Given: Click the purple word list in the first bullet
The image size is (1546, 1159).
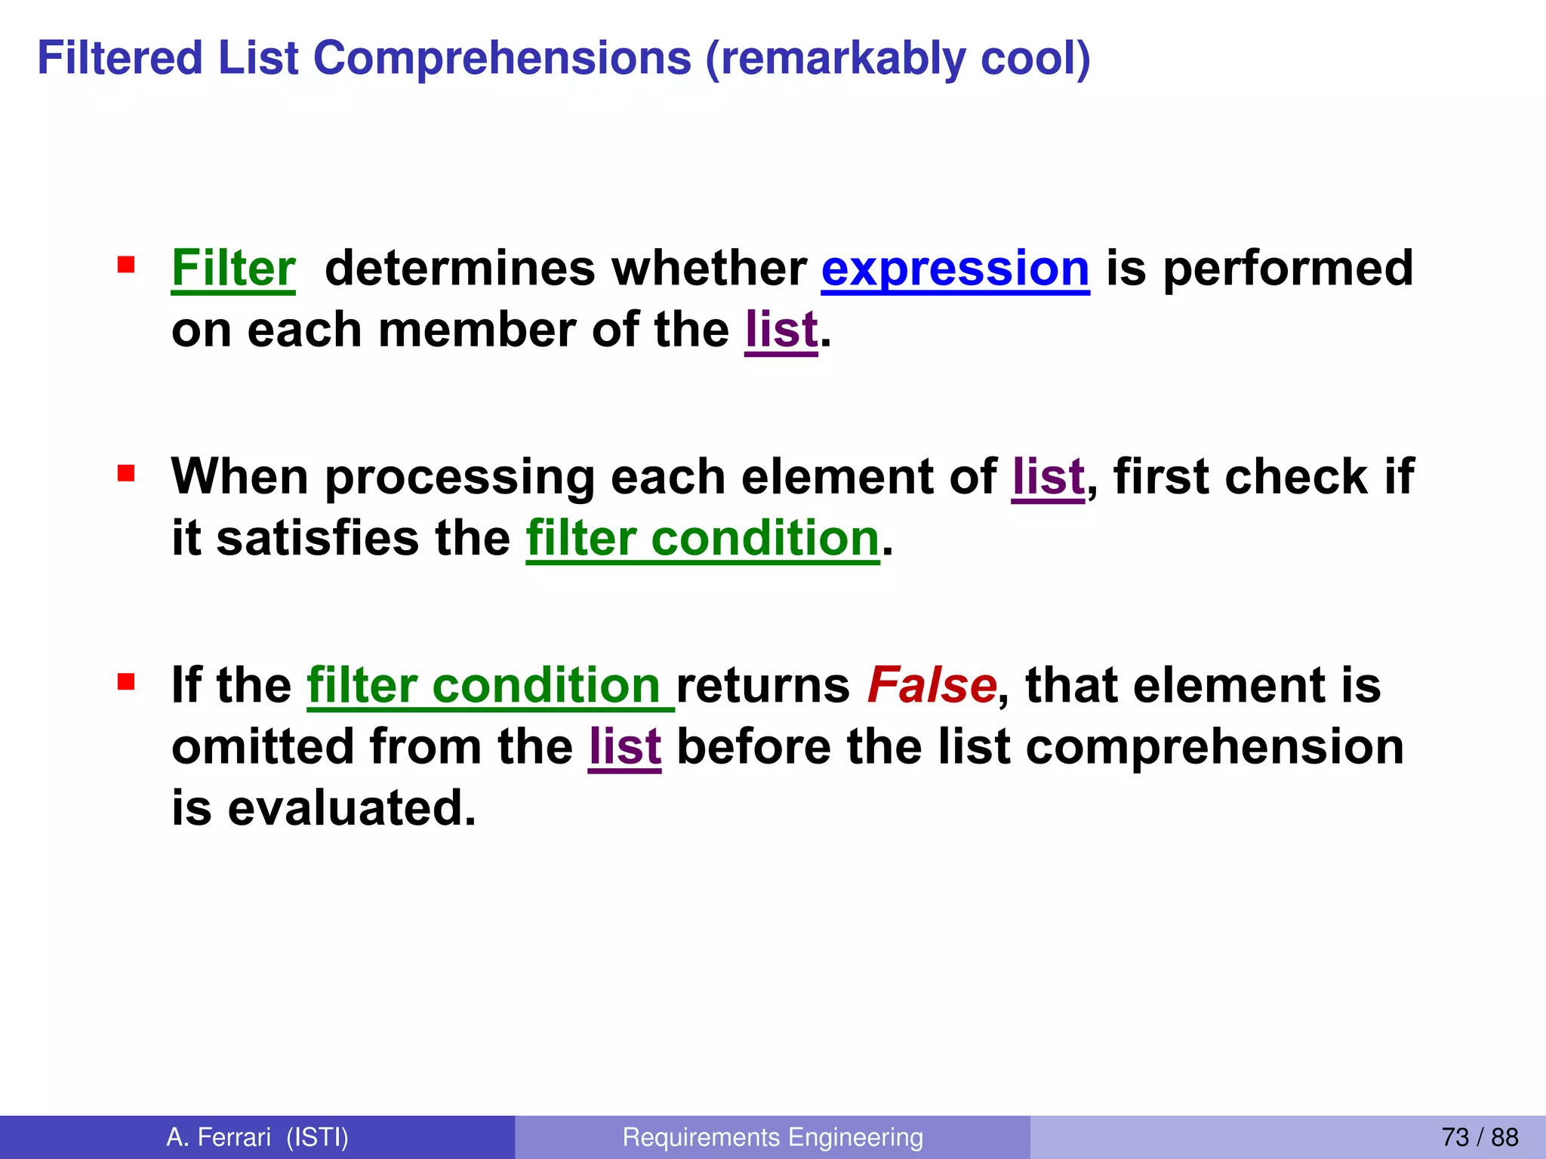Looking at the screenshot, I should coord(781,330).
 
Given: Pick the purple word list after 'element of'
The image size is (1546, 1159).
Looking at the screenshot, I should coord(1048,477).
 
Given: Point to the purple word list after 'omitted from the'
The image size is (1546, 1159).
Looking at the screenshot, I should coord(625,747).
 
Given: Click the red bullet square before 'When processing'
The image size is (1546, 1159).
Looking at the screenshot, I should coord(126,474).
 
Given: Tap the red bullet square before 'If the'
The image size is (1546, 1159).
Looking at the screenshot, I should coord(126,683).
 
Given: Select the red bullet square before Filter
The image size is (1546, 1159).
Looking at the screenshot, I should coord(126,265).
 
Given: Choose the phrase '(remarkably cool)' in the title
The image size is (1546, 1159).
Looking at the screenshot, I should coord(898,58).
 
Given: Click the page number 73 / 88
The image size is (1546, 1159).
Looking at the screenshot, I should coord(1480,1137).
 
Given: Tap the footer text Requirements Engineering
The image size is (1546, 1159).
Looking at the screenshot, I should coord(772,1137).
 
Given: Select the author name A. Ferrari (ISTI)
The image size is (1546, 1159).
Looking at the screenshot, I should coord(257,1137).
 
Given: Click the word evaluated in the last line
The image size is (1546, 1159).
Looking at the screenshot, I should coord(352,808).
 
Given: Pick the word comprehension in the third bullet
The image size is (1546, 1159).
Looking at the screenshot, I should coord(1215,747).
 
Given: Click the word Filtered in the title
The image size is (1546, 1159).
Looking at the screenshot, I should coord(120,58).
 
